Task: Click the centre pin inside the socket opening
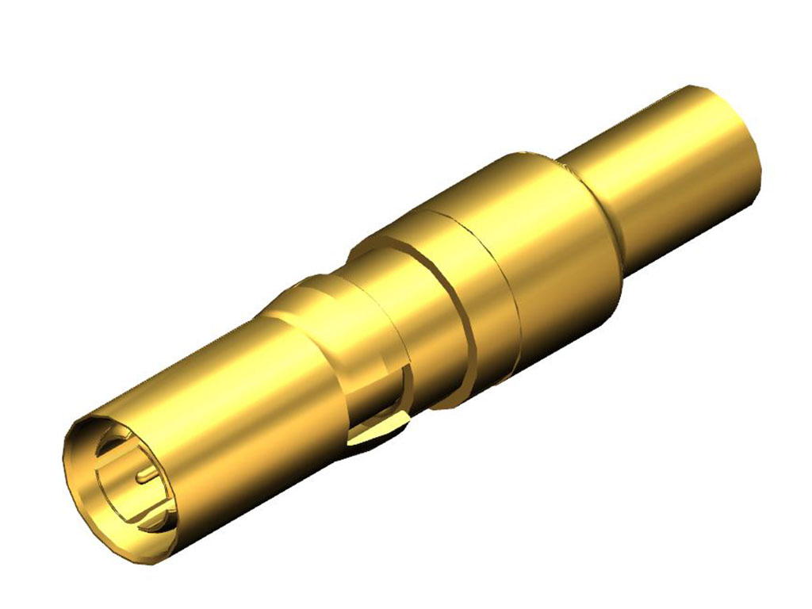tap(147, 475)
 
